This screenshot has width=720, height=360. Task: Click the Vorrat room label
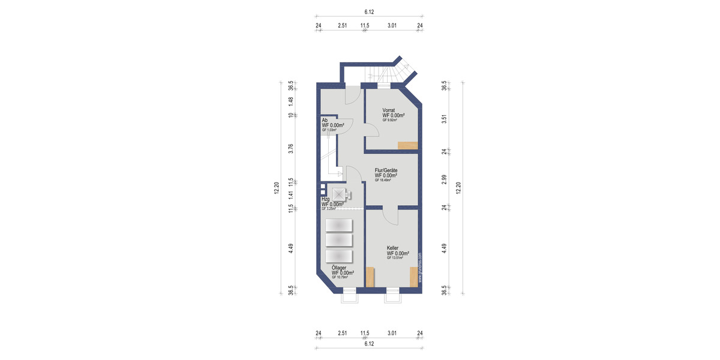tap(388, 110)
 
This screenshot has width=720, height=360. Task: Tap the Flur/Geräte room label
tap(386, 170)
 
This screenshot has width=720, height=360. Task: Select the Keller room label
tap(392, 248)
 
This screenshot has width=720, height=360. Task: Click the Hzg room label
tap(325, 199)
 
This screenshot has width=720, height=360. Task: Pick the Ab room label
tap(324, 120)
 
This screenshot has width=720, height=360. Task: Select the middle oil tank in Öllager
tap(339, 240)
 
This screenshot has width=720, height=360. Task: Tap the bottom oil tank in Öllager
tap(339, 256)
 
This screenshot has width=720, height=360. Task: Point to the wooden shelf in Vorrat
tap(408, 145)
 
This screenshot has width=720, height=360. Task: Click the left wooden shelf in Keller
tap(370, 277)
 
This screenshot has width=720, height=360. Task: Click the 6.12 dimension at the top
tap(369, 11)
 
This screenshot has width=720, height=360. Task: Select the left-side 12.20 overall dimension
tap(277, 188)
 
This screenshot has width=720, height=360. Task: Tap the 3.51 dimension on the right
tap(445, 118)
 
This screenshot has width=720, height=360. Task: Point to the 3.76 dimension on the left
tap(290, 149)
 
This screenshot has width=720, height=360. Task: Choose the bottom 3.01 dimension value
tap(392, 334)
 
